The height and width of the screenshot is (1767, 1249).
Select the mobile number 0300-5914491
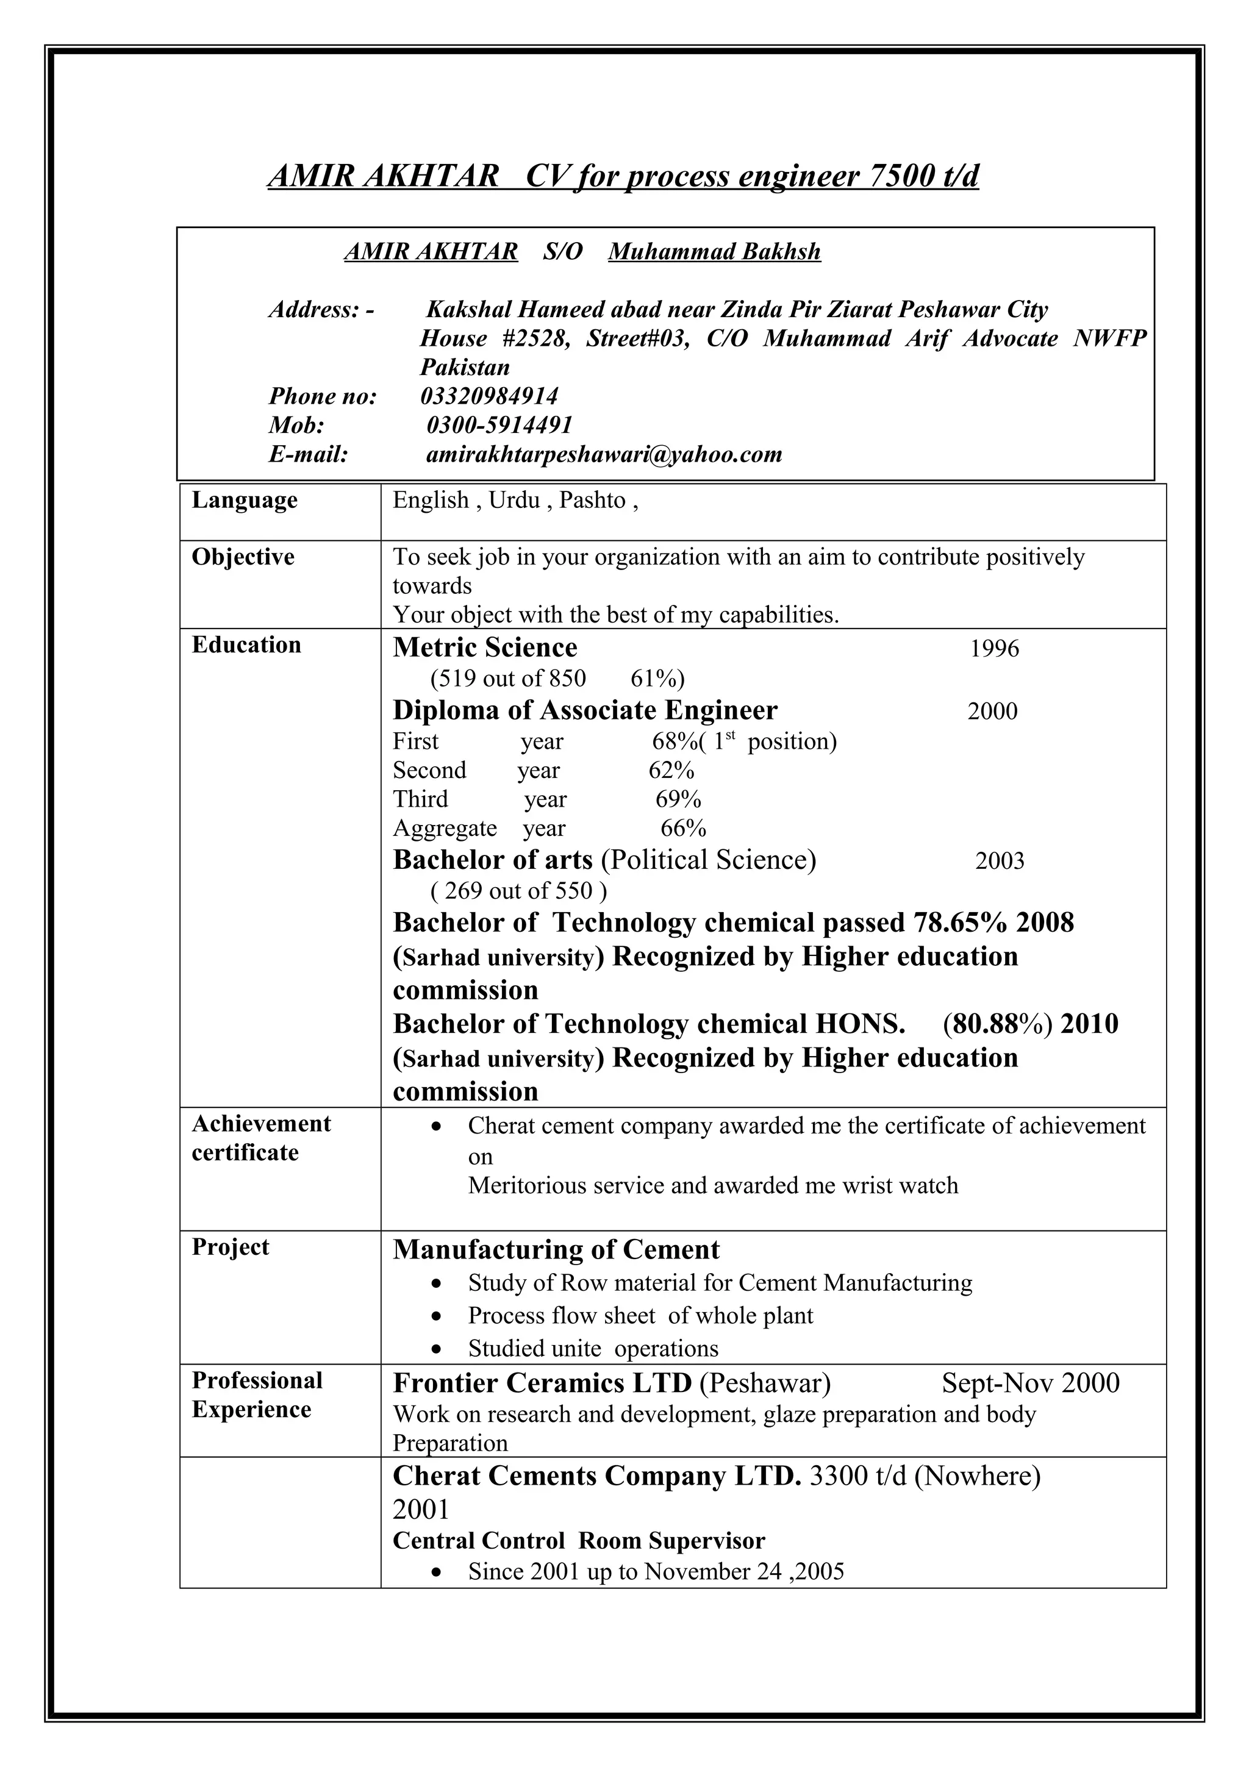[x=499, y=425]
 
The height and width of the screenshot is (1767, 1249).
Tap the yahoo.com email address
[x=604, y=454]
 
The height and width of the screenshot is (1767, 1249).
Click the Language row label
[x=244, y=500]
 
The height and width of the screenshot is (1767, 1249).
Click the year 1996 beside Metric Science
[x=993, y=649]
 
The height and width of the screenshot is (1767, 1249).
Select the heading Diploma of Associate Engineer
[x=585, y=710]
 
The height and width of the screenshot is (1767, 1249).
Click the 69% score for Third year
[x=678, y=799]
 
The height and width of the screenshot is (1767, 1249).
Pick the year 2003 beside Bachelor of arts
[x=999, y=860]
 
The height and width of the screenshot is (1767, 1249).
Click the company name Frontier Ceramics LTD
[x=543, y=1383]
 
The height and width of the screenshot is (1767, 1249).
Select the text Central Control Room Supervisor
[x=579, y=1540]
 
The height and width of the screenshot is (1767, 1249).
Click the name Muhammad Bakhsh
[x=714, y=252]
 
